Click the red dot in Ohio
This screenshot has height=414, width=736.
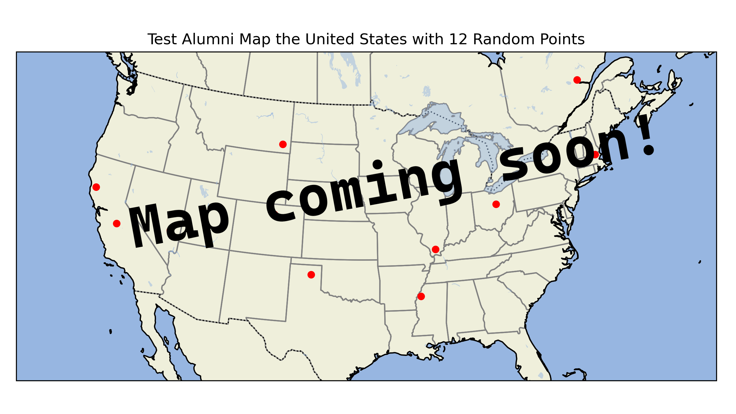[x=496, y=204]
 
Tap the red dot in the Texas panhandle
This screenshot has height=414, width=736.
[x=311, y=275]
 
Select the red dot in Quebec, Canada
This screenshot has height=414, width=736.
[x=577, y=80]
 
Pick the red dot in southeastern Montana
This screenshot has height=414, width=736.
[x=283, y=144]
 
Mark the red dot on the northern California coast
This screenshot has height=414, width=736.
[x=96, y=187]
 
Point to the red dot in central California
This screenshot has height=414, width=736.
[x=117, y=223]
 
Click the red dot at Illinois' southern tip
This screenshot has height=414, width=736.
[x=435, y=249]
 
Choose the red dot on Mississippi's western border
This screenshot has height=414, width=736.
[x=421, y=296]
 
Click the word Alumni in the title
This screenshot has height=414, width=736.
[x=208, y=39]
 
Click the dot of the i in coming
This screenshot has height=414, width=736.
[x=377, y=164]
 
